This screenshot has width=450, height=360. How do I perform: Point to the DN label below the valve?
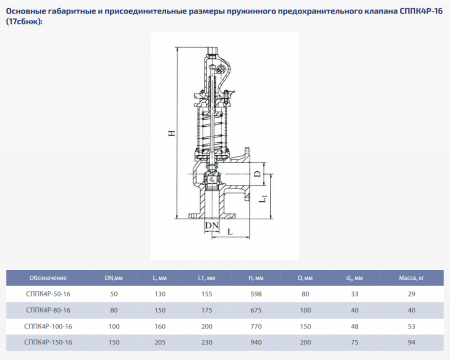pyautogui.click(x=213, y=226)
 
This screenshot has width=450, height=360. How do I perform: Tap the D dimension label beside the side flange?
pyautogui.click(x=258, y=174)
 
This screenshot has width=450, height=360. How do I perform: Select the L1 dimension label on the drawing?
pyautogui.click(x=263, y=201)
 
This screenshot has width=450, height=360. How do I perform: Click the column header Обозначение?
pyautogui.click(x=48, y=276)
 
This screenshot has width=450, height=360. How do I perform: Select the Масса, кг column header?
pyautogui.click(x=411, y=276)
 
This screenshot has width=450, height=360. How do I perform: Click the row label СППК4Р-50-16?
pyautogui.click(x=48, y=293)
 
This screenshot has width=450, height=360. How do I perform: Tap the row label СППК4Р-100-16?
pyautogui.click(x=48, y=326)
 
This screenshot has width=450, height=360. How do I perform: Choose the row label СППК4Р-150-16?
pyautogui.click(x=48, y=342)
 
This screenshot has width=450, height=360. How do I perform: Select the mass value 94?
pyautogui.click(x=411, y=342)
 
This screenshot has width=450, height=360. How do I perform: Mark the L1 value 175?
pyautogui.click(x=208, y=310)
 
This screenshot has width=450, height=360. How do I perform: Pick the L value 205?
pyautogui.click(x=159, y=342)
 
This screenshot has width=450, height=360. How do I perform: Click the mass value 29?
pyautogui.click(x=411, y=293)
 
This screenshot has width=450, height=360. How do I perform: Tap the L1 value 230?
pyautogui.click(x=208, y=342)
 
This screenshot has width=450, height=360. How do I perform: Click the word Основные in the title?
pyautogui.click(x=29, y=10)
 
